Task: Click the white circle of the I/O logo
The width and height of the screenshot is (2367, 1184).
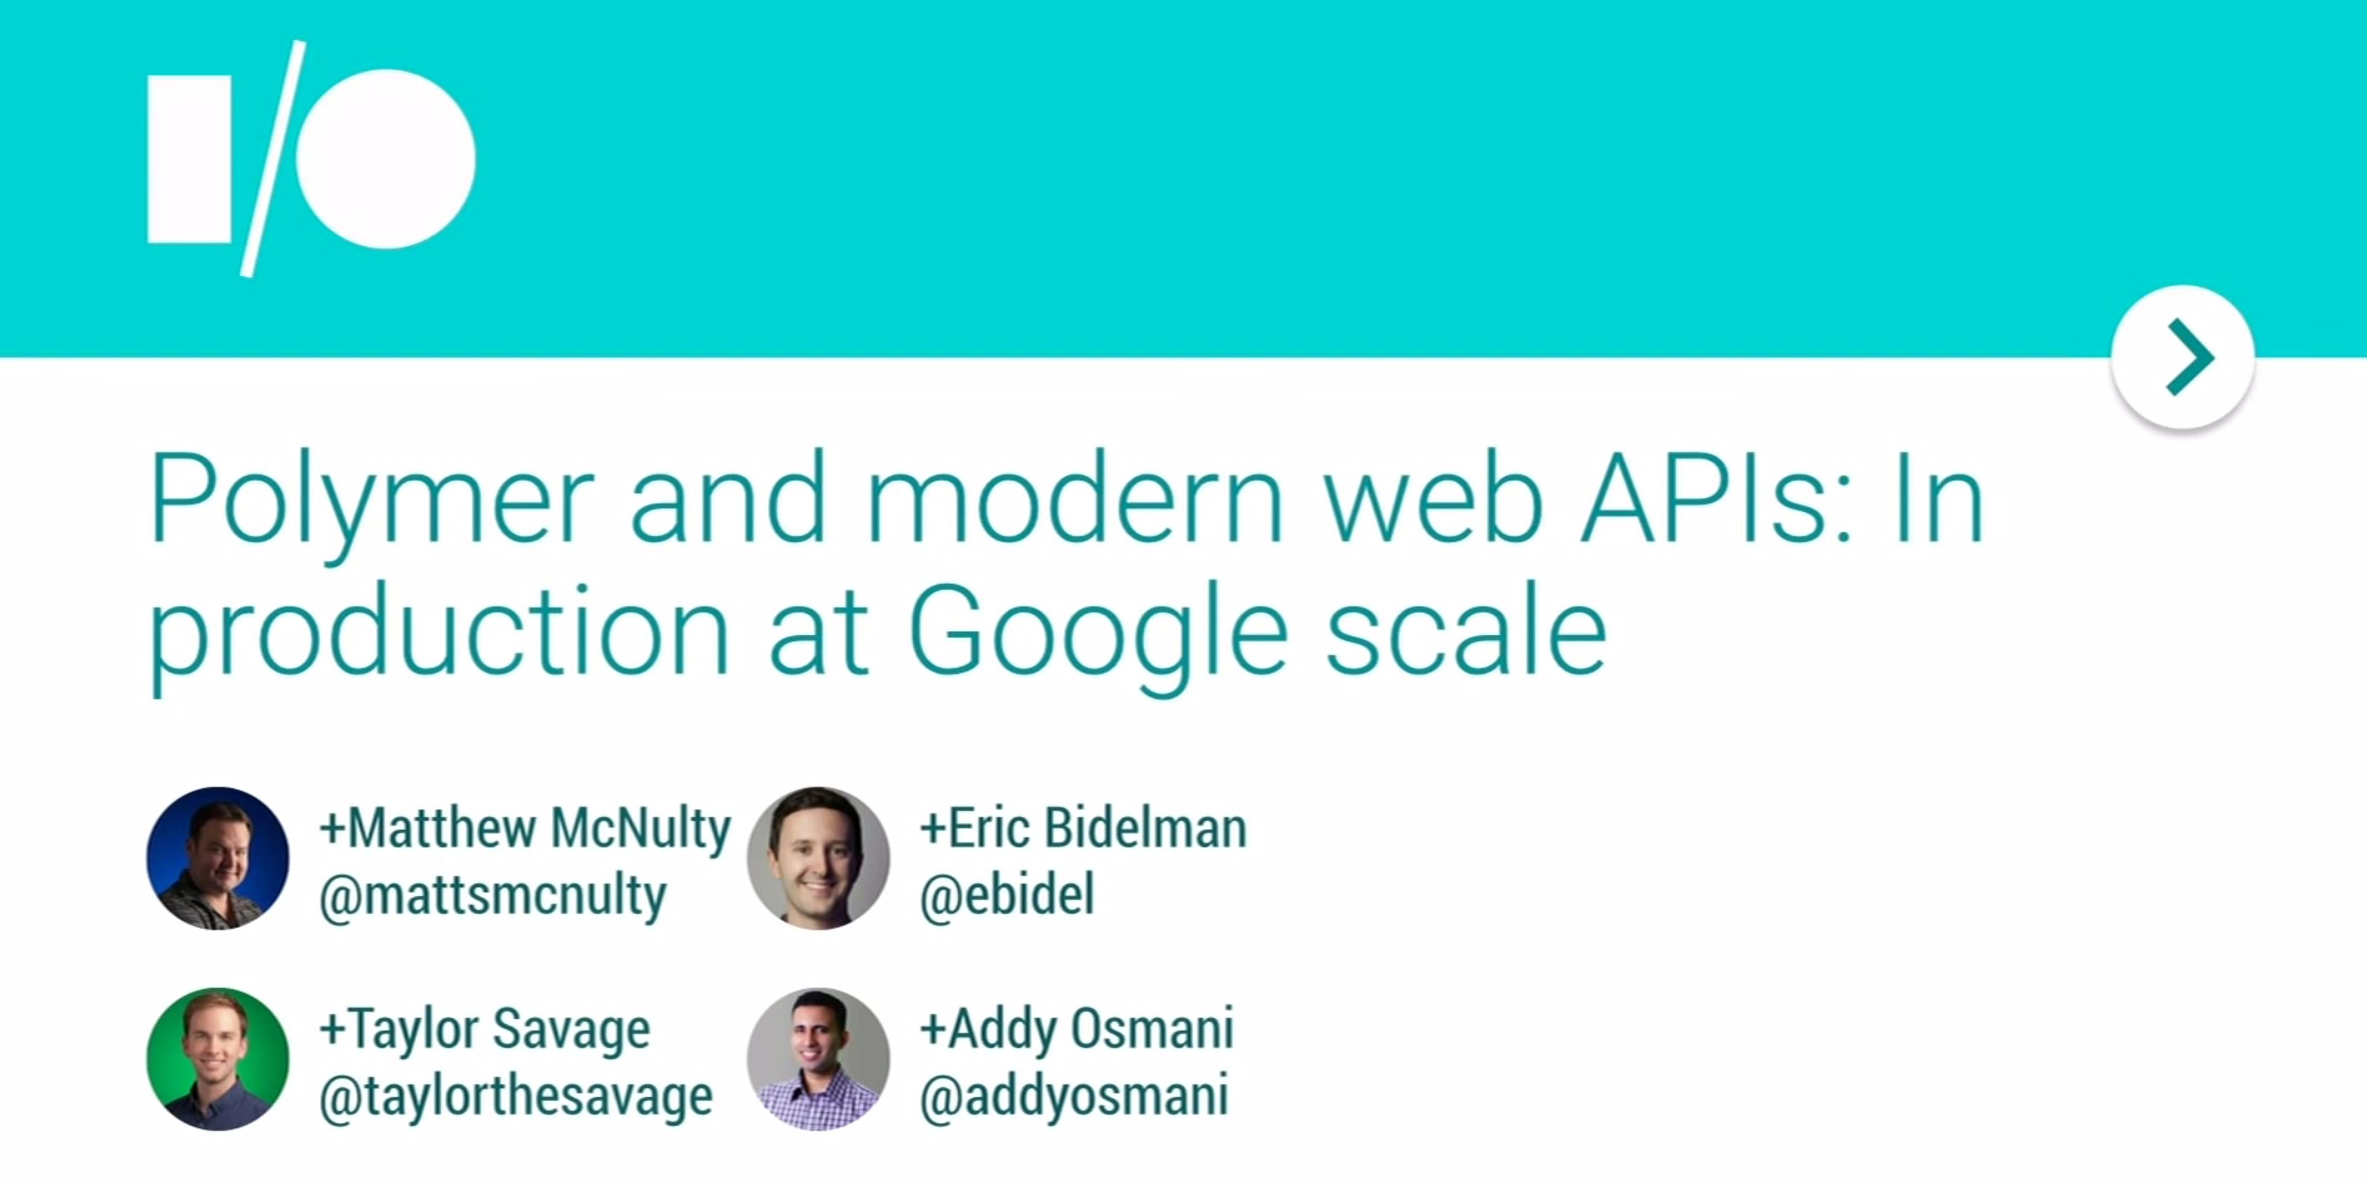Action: point(385,159)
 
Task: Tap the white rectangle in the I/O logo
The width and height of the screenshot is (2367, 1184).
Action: point(189,159)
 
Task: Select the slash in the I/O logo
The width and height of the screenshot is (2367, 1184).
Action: point(273,158)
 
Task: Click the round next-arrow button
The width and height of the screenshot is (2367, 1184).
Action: point(2182,356)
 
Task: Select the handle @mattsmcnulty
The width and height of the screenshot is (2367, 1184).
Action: point(493,895)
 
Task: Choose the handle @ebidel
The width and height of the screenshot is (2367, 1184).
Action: point(1007,894)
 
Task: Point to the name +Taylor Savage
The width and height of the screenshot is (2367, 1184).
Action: point(484,1028)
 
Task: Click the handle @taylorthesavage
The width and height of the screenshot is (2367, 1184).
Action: point(515,1096)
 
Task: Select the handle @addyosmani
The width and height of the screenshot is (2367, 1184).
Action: point(1074,1096)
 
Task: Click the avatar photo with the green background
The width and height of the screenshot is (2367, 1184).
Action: point(218,1059)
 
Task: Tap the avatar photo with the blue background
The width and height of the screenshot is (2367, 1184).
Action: point(218,859)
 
